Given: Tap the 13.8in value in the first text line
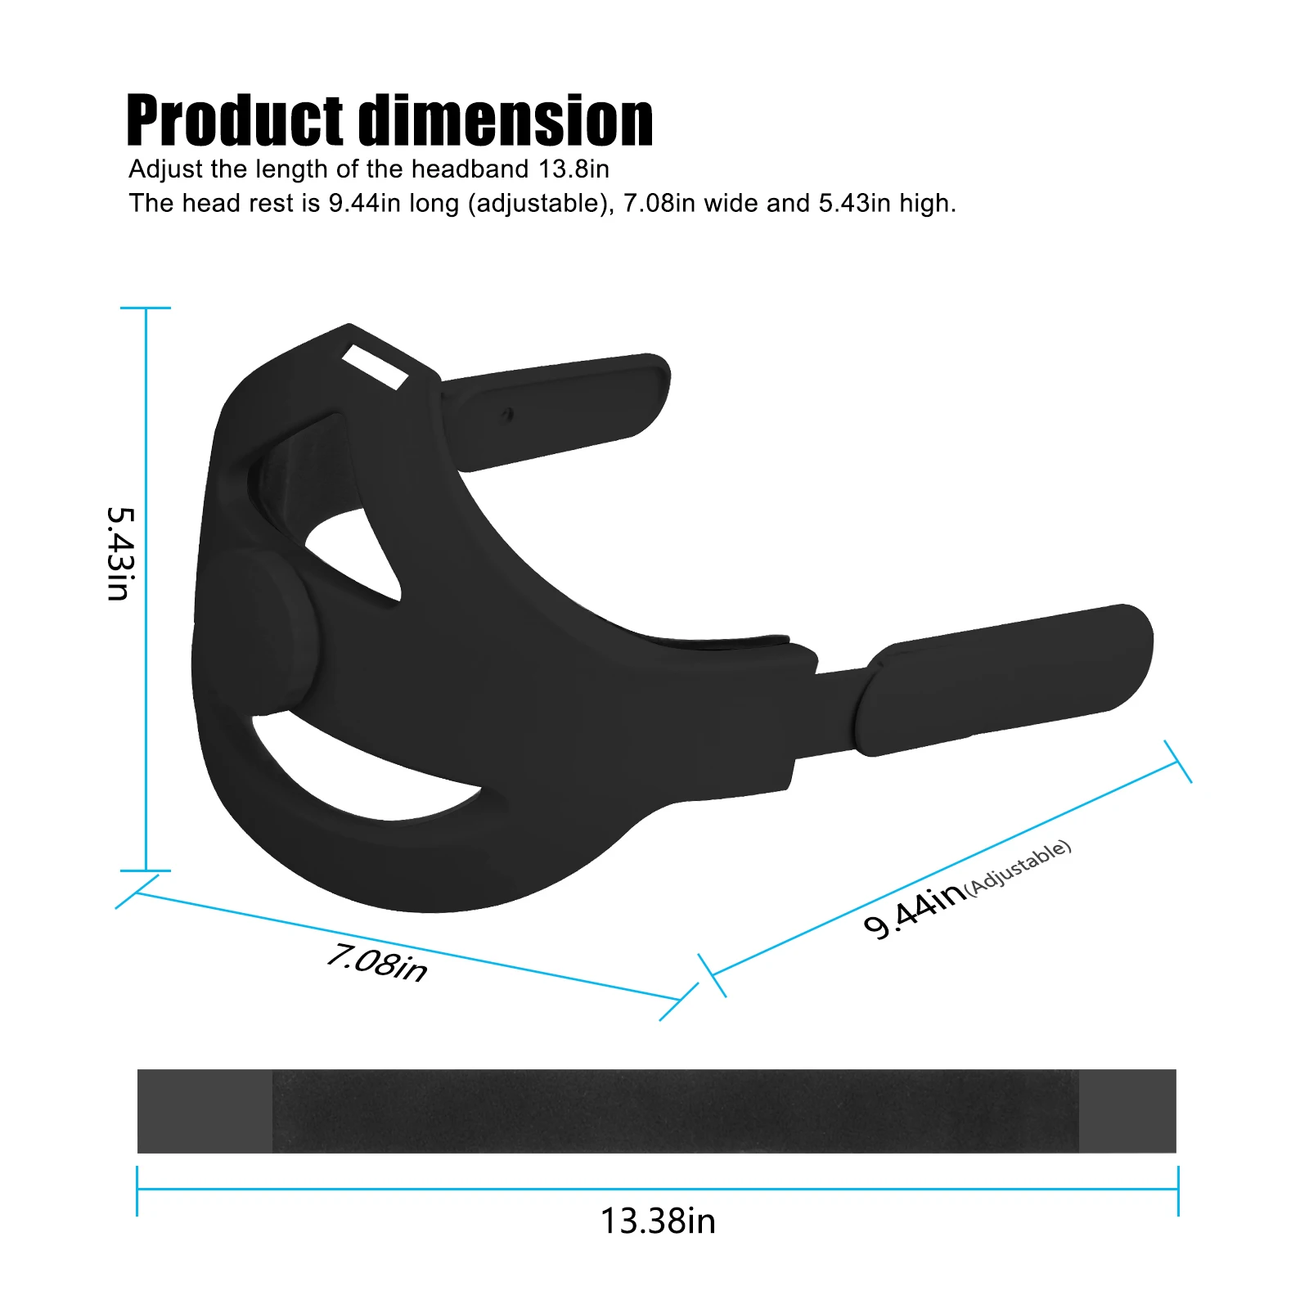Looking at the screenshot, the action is (x=574, y=169).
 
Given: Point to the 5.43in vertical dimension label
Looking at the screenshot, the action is (x=120, y=554).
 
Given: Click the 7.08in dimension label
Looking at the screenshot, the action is (x=376, y=962).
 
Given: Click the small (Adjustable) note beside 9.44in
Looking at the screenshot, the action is (x=1018, y=867).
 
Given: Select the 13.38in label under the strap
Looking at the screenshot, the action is (x=658, y=1221).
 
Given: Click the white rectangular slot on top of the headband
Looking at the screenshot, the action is (x=374, y=367).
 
